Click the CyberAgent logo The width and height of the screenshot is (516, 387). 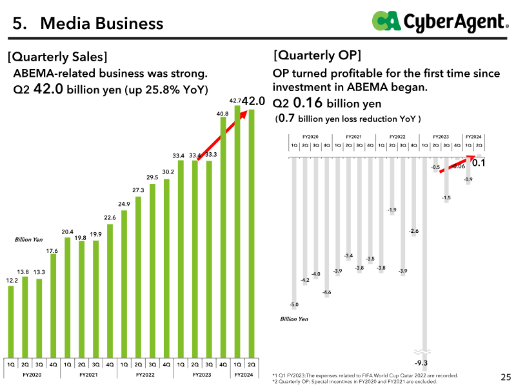coord(441,22)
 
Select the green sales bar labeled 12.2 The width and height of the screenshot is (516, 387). coord(11,321)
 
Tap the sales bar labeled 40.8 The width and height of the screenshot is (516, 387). coord(223,237)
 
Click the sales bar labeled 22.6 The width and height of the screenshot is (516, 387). coord(110,291)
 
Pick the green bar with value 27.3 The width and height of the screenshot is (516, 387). coord(138,277)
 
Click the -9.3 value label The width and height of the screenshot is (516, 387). coord(421,362)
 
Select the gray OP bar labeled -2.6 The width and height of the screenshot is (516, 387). coord(413,197)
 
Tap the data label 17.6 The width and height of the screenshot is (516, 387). coord(52,251)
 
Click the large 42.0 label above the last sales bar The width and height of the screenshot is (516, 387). coord(253,101)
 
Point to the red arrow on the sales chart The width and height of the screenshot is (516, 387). coord(222,135)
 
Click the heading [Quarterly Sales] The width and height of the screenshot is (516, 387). coord(57,57)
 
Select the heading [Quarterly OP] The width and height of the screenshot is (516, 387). coord(317,55)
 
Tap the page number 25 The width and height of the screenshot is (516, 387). coord(506,377)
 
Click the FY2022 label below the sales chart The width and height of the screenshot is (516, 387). coord(145,375)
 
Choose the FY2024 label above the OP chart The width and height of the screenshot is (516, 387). coord(473,137)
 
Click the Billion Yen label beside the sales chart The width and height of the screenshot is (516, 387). coord(28,239)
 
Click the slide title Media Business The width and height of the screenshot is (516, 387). coord(102,23)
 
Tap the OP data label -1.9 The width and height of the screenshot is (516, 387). coord(392,210)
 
